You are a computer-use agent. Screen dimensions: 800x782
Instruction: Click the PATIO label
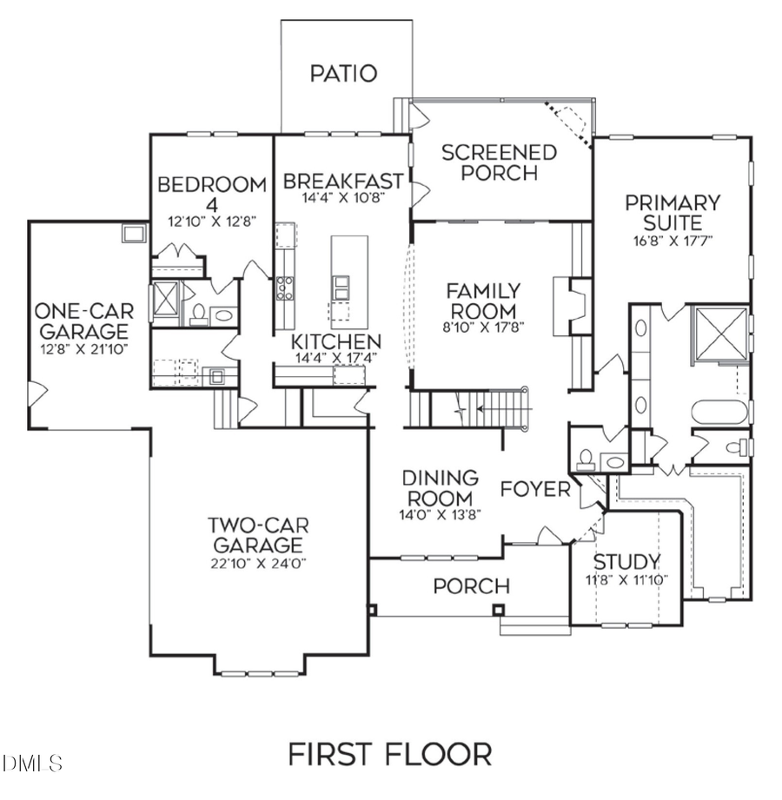click(x=344, y=73)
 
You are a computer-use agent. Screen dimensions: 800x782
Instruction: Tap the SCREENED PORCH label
click(x=500, y=162)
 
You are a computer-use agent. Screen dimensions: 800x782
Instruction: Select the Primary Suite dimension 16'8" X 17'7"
click(x=673, y=241)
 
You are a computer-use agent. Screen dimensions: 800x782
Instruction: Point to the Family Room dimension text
click(x=483, y=327)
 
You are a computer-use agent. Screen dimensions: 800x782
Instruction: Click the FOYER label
click(x=535, y=489)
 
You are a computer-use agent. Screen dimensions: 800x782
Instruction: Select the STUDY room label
click(x=626, y=560)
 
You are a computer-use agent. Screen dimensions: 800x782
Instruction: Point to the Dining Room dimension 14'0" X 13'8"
click(x=440, y=513)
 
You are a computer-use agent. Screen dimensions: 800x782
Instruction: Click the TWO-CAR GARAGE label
click(x=258, y=535)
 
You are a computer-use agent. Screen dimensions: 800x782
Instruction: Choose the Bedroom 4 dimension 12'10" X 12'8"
click(x=212, y=221)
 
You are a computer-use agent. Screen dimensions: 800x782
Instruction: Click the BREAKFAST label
click(x=343, y=182)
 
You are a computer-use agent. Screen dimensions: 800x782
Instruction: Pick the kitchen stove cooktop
click(x=285, y=287)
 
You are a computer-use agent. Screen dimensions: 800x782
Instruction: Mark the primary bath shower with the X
click(x=718, y=333)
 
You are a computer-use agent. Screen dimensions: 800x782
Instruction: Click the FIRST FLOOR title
click(x=389, y=753)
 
